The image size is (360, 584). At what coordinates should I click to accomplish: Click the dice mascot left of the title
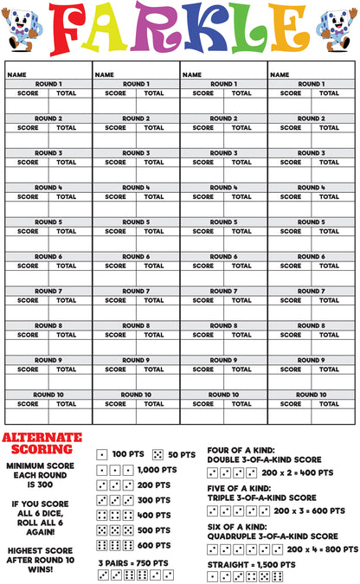23,29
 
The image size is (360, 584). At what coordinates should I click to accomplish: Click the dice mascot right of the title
335,29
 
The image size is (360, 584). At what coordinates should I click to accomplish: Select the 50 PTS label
182,453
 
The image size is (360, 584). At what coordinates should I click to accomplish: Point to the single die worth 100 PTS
102,454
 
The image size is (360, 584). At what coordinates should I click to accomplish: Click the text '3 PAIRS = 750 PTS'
134,562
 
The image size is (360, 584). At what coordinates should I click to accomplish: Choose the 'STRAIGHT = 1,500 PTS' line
251,564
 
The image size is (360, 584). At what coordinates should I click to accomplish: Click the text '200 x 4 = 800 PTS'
322,549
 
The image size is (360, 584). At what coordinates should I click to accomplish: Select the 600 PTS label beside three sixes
154,545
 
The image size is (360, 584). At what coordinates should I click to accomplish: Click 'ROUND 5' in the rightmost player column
311,222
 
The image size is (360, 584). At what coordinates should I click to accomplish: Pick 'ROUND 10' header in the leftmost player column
48,395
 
